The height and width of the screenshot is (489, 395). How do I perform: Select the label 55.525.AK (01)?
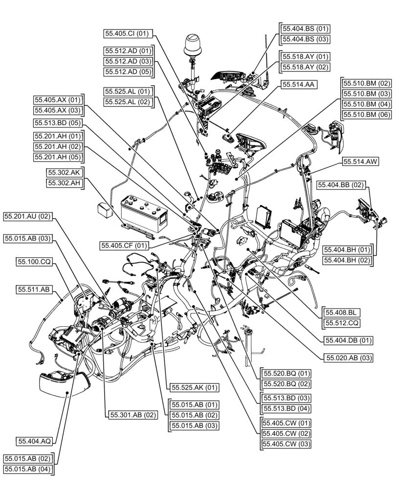click(194, 387)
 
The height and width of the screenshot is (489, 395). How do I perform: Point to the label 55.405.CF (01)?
click(124, 245)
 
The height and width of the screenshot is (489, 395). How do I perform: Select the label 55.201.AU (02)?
click(28, 216)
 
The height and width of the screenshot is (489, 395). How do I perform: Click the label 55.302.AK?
click(64, 172)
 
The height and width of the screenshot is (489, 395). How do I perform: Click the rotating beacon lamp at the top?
click(192, 46)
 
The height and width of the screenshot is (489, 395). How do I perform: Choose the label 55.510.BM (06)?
click(367, 114)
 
